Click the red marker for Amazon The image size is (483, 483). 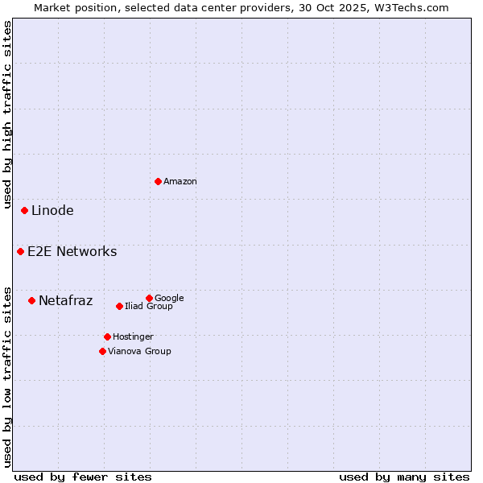(158, 181)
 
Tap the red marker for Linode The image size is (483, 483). (24, 210)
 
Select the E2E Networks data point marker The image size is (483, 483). (20, 251)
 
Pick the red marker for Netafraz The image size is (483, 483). (31, 300)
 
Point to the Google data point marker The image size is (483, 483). (149, 298)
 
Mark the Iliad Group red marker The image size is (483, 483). (119, 306)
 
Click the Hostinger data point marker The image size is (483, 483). (107, 336)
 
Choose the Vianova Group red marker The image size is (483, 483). (102, 351)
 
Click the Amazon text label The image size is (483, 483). (180, 181)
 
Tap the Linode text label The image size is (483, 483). (52, 211)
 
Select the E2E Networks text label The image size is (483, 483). (72, 252)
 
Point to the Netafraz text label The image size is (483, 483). (65, 301)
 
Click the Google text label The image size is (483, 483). (169, 298)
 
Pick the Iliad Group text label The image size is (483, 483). (149, 306)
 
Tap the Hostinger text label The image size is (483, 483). (133, 336)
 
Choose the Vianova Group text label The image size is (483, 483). (139, 351)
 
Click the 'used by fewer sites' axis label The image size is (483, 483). (83, 477)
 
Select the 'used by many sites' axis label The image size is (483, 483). (404, 477)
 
